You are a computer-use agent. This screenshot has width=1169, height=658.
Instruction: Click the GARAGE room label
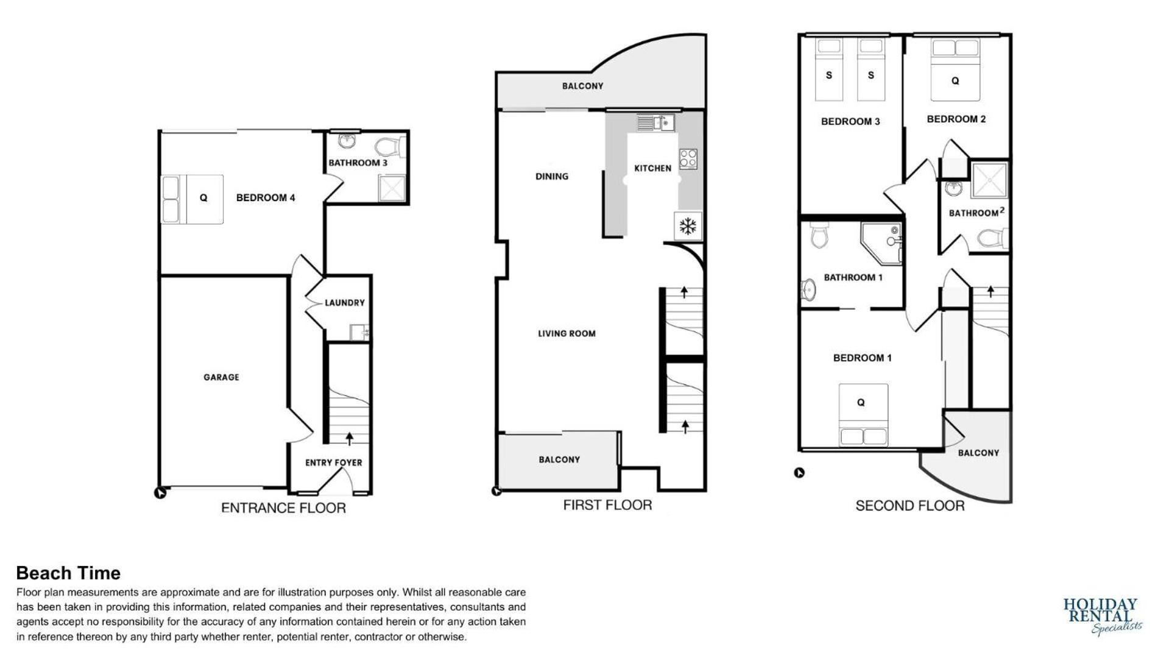[x=221, y=377]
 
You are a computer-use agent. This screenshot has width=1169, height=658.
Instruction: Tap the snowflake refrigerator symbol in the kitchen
[x=688, y=227]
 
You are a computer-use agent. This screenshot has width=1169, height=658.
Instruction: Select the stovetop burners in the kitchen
[x=688, y=159]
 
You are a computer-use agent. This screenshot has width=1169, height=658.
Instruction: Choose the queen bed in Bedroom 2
[x=955, y=69]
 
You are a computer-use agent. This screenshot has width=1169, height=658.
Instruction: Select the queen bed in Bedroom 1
[x=863, y=414]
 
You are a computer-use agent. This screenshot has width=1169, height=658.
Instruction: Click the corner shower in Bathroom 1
[x=881, y=242]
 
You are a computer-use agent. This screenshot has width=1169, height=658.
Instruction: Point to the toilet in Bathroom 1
[x=819, y=235]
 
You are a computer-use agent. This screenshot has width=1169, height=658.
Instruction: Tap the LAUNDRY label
[x=344, y=303]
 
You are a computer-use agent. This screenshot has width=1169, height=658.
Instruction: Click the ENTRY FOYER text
[x=333, y=462]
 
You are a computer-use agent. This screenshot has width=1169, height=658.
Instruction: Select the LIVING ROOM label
[x=567, y=333]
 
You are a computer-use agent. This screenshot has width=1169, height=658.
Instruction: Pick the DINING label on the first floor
[x=552, y=177]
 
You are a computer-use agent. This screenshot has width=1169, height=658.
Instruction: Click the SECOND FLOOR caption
[x=909, y=506]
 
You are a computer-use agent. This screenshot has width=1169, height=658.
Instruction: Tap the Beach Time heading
[x=68, y=573]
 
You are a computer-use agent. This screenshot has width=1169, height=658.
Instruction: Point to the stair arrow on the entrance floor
[x=350, y=437]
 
